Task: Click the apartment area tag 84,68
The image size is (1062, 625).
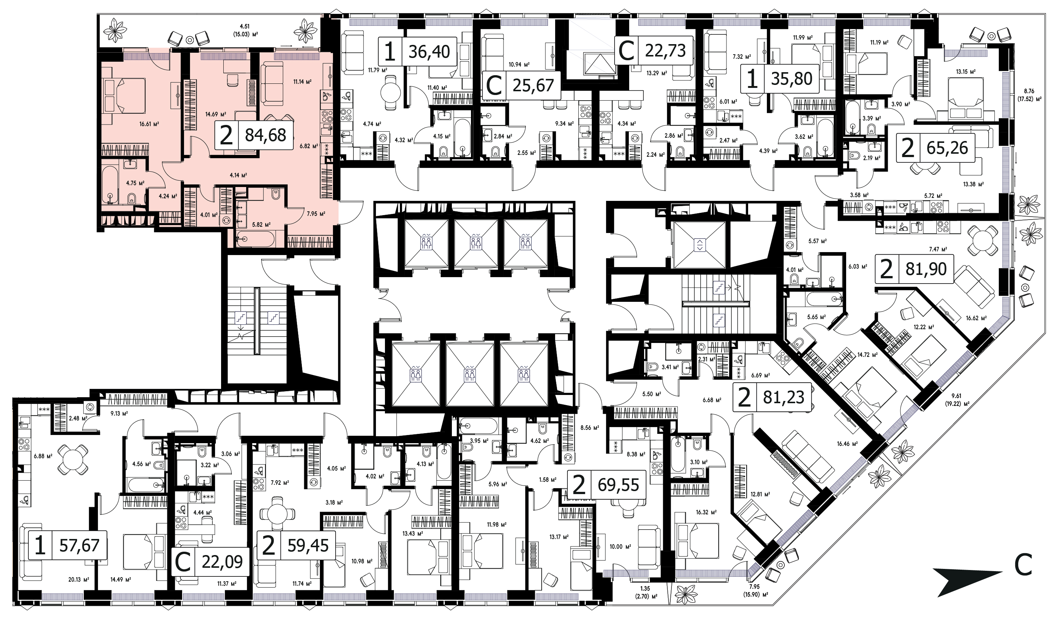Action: [x=254, y=135]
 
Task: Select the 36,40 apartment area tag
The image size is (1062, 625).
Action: [x=417, y=51]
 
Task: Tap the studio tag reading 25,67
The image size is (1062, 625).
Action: [x=521, y=86]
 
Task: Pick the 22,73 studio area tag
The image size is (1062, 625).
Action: [x=654, y=50]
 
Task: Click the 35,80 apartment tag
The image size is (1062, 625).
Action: [x=780, y=79]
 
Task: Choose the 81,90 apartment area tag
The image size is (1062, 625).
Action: [x=915, y=269]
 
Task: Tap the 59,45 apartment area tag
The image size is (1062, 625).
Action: [x=296, y=545]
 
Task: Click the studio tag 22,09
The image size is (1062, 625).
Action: [x=210, y=562]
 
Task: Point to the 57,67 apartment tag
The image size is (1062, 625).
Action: [x=67, y=545]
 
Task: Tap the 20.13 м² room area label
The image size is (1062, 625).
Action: [x=79, y=579]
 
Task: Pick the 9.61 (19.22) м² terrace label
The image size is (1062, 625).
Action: [x=957, y=399]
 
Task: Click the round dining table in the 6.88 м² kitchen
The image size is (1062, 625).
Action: [x=73, y=460]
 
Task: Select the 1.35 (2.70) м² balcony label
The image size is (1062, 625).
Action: [x=645, y=592]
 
